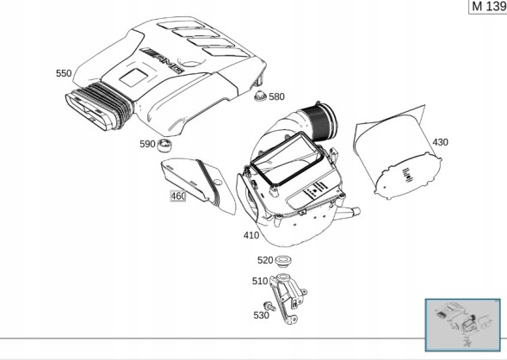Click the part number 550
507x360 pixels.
pyautogui.click(x=64, y=73)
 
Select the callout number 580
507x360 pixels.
pyautogui.click(x=277, y=96)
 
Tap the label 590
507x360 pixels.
pyautogui.click(x=147, y=144)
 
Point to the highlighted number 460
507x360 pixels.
pyautogui.click(x=178, y=196)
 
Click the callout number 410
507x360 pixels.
pyautogui.click(x=251, y=235)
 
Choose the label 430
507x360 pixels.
pyautogui.click(x=441, y=142)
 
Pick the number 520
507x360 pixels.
pyautogui.click(x=265, y=260)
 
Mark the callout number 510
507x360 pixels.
pyautogui.click(x=260, y=281)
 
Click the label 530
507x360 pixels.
pyautogui.click(x=261, y=315)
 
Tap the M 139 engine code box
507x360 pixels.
pyautogui.click(x=488, y=7)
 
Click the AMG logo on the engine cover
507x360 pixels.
pyautogui.click(x=162, y=60)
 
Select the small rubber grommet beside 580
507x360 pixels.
pyautogui.click(x=260, y=96)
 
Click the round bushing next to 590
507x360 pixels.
pyautogui.click(x=164, y=145)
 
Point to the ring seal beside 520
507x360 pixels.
pyautogui.click(x=283, y=261)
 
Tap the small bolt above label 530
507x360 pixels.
pyautogui.click(x=269, y=306)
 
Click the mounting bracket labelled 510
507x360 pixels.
pyautogui.click(x=288, y=299)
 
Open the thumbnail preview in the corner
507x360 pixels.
pyautogui.click(x=463, y=325)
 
